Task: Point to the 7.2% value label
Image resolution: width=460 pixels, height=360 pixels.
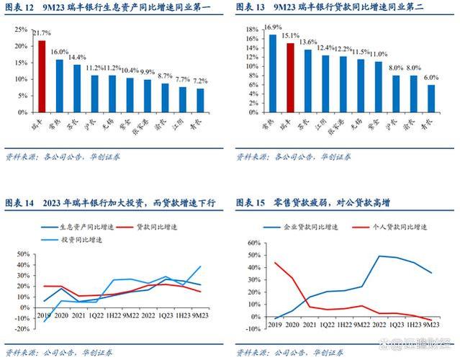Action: click(x=200, y=81)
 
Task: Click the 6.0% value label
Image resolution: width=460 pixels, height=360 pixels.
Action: click(x=430, y=77)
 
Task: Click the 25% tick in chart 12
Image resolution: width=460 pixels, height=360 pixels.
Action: click(x=21, y=30)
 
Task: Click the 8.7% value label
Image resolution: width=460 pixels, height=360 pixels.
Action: click(x=165, y=76)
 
